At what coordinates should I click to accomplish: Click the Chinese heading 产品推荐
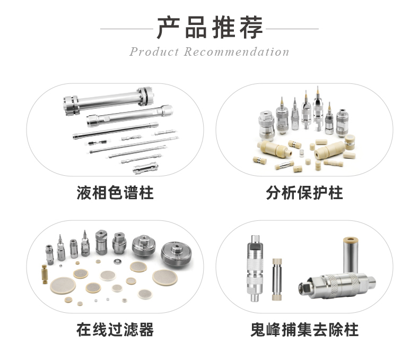209,28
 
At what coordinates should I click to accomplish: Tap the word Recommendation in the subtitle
237,52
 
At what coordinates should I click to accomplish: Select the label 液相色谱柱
115,192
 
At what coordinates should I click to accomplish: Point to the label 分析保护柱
304,192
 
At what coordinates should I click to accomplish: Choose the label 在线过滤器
115,330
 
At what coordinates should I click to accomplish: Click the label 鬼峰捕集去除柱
304,330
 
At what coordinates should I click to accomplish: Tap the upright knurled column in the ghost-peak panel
255,271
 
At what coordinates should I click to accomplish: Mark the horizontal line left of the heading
127,29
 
